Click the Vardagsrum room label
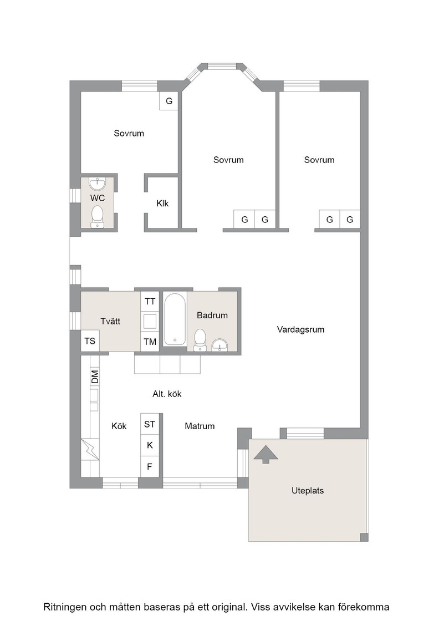[300, 329]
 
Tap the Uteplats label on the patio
[308, 491]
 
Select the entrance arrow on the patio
[266, 454]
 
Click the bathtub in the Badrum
[175, 319]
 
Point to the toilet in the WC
[97, 217]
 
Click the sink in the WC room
[98, 184]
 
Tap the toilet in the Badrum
[200, 340]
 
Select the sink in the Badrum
[220, 345]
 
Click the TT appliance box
[150, 302]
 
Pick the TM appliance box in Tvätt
[150, 342]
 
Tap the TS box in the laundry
[90, 341]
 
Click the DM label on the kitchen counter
[95, 376]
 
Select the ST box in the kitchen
[150, 424]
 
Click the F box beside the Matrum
[150, 466]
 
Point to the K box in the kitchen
[150, 445]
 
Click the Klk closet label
[162, 203]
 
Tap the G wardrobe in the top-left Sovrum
[169, 101]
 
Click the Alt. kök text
[167, 394]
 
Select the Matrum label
[200, 426]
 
